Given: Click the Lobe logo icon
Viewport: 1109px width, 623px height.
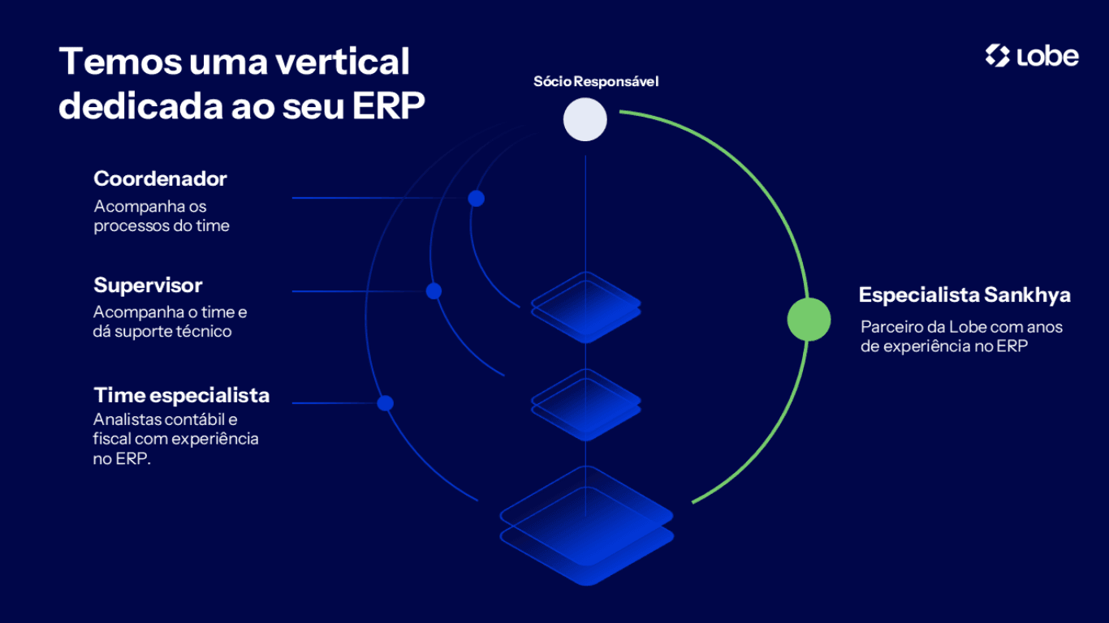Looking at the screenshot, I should [997, 56].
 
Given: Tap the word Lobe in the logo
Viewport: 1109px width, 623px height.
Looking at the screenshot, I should [1046, 56].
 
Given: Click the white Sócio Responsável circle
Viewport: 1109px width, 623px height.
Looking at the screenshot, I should [585, 119].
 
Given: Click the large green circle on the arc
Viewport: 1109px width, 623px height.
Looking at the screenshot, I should [809, 319].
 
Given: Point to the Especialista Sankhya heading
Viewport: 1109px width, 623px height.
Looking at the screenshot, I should [964, 295].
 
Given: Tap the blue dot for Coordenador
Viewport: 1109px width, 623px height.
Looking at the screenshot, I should [477, 199].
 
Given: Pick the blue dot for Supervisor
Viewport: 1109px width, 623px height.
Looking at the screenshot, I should [434, 291].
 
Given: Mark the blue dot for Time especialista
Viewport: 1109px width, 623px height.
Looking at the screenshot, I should [386, 403].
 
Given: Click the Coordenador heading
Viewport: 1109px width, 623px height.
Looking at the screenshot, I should [160, 178].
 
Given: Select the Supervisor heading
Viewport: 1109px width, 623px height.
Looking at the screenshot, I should [148, 286].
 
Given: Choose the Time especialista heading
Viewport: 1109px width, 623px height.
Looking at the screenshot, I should [181, 395].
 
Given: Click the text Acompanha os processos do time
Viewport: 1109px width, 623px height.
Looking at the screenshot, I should [161, 217].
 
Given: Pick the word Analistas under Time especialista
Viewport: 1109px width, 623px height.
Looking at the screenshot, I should [124, 420].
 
